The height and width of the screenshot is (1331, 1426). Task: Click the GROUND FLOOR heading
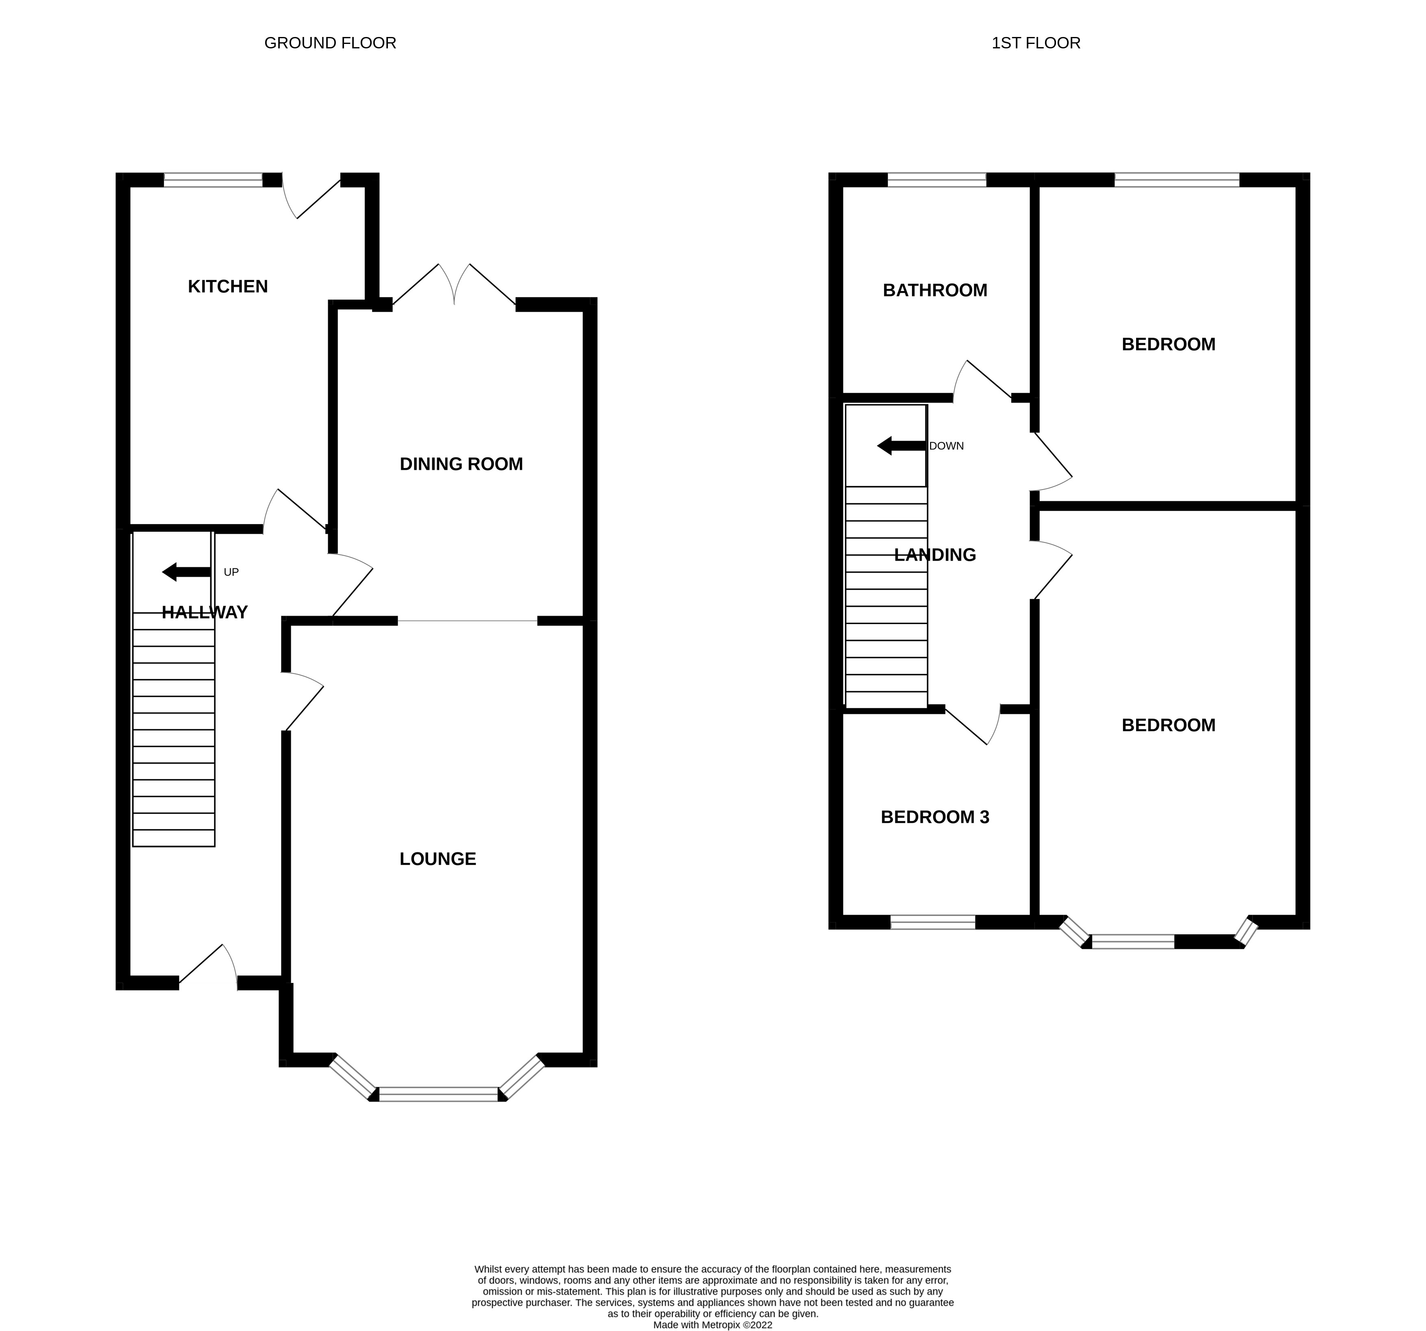point(330,43)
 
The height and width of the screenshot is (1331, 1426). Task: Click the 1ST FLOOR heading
point(1035,43)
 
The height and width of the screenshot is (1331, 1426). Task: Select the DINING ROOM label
point(461,464)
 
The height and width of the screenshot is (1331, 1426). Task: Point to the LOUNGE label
point(438,859)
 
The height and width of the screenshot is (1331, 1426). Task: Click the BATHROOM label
point(935,290)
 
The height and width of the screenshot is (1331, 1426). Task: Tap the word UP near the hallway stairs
point(231,572)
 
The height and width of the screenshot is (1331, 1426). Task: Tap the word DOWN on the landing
point(946,446)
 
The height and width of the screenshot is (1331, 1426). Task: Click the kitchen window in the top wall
point(213,180)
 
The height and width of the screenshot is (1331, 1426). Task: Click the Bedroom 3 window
point(932,922)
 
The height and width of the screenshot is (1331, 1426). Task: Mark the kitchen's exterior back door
point(312,197)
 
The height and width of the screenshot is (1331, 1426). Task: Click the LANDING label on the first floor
point(935,555)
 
